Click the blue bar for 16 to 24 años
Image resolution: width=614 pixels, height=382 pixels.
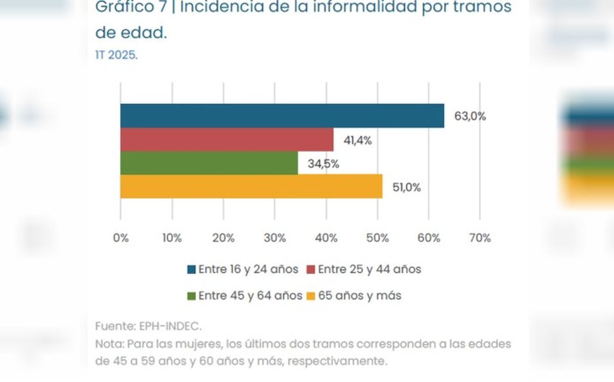pyautogui.click(x=282, y=115)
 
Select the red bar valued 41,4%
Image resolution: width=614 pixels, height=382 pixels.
pyautogui.click(x=226, y=140)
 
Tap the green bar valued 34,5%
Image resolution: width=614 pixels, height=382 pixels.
pyautogui.click(x=209, y=163)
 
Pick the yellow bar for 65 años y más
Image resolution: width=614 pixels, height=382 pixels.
pyautogui.click(x=251, y=187)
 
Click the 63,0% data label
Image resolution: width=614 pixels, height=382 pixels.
pyautogui.click(x=470, y=116)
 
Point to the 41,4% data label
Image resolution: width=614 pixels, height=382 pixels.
pyautogui.click(x=358, y=140)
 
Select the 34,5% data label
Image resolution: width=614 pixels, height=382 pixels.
pyautogui.click(x=323, y=164)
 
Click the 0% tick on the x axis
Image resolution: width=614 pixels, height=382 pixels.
pyautogui.click(x=121, y=238)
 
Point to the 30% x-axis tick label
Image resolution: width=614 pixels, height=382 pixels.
pyautogui.click(x=275, y=238)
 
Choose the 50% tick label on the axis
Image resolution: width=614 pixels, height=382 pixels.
pyautogui.click(x=378, y=238)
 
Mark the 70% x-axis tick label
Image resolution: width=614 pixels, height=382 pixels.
pyautogui.click(x=480, y=238)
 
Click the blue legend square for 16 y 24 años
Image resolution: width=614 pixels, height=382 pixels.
pyautogui.click(x=191, y=269)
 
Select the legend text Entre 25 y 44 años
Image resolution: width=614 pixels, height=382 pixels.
pyautogui.click(x=369, y=269)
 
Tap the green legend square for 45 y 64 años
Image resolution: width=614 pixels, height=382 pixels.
pyautogui.click(x=191, y=296)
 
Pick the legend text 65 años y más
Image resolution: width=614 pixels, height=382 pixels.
pyautogui.click(x=359, y=296)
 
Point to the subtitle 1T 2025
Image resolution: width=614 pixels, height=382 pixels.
pyautogui.click(x=116, y=56)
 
